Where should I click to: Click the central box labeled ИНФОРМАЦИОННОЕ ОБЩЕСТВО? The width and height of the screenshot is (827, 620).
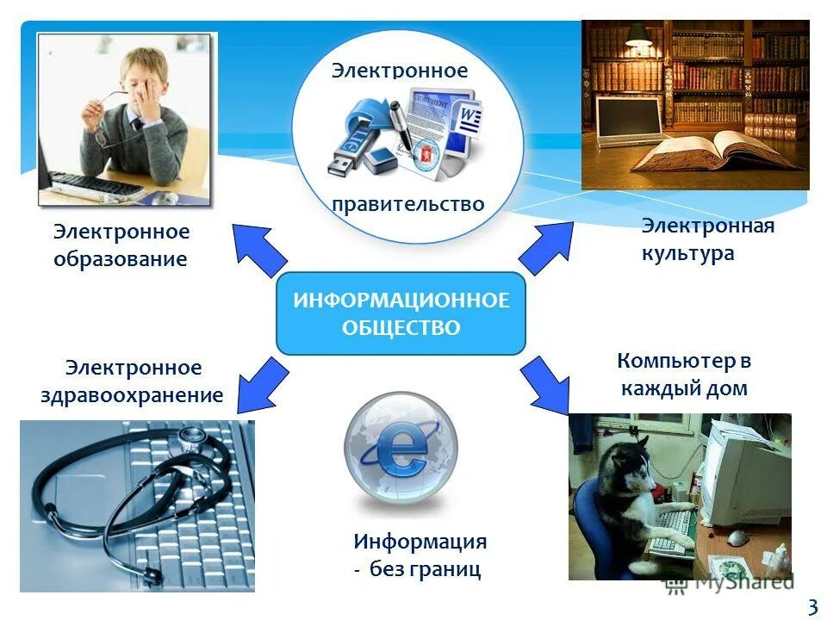tap(401, 313)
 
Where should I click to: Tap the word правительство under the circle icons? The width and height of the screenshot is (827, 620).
tap(408, 204)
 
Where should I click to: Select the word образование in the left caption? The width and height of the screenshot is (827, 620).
tap(120, 259)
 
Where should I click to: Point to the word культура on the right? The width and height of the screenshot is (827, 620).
tap(687, 253)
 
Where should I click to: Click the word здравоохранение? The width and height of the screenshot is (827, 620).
tap(132, 395)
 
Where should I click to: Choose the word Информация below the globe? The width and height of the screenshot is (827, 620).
tap(420, 542)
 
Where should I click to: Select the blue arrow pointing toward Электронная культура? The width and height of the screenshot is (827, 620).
tap(546, 248)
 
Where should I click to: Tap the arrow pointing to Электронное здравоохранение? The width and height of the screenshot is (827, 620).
tap(262, 384)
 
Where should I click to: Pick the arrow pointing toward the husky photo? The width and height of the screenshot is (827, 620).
tap(545, 382)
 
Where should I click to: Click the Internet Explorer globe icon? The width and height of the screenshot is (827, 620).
tap(401, 448)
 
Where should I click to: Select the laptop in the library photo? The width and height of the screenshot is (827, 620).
tap(626, 121)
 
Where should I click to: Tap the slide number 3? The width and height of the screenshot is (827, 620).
tap(811, 606)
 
